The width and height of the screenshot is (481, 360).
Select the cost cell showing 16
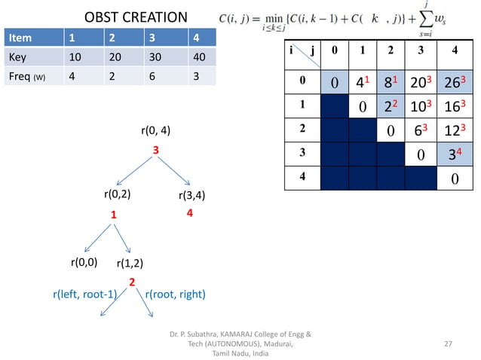pos(454,105)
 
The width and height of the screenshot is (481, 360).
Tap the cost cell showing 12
pos(454,130)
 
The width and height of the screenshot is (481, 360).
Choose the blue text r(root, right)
pos(174,294)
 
